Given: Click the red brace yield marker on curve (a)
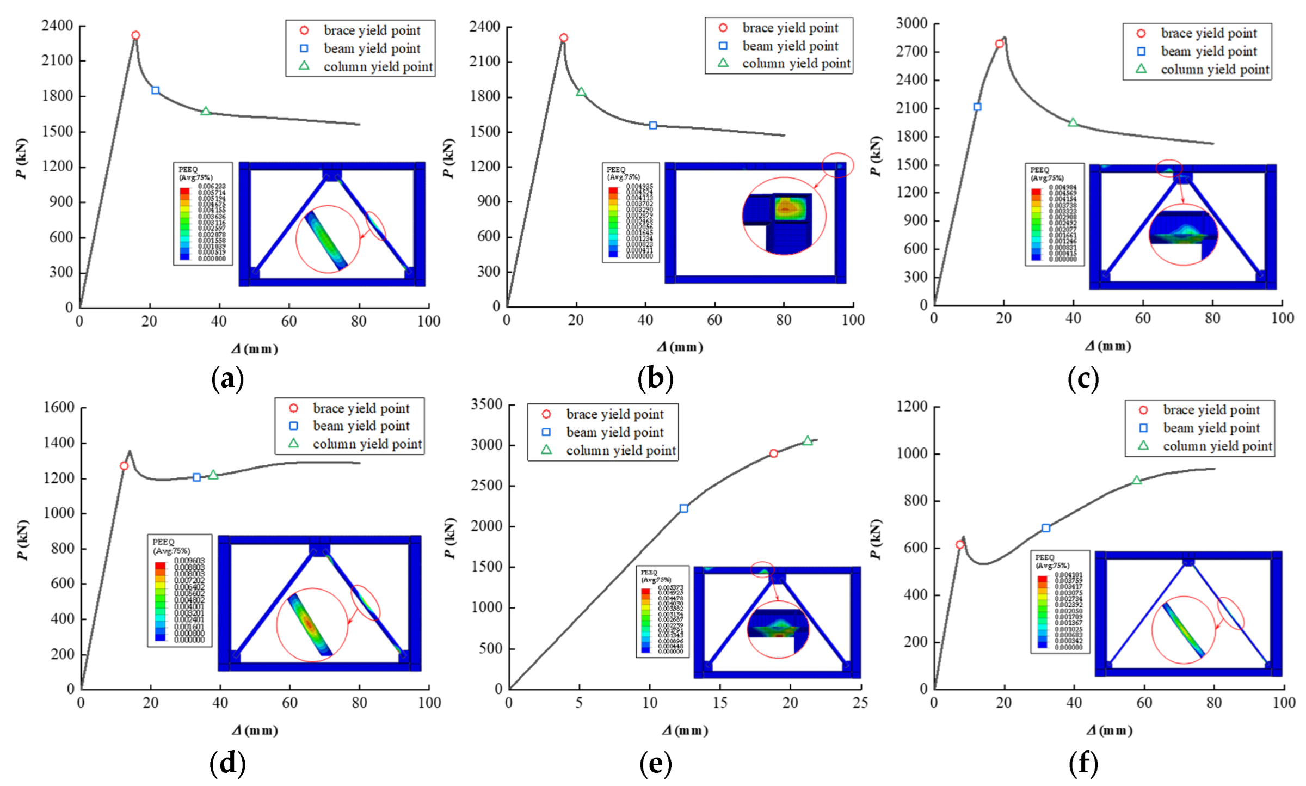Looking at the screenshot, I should (x=135, y=35).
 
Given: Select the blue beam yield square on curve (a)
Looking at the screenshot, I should (x=156, y=90).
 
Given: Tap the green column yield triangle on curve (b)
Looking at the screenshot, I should (x=581, y=92).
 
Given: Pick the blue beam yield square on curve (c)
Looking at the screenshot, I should (x=977, y=107).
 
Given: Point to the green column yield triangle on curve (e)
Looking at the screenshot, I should (x=808, y=441).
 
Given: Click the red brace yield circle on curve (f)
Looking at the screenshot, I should (x=960, y=544).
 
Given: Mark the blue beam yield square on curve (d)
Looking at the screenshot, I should (x=197, y=477).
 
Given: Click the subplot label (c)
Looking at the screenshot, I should (x=1083, y=379).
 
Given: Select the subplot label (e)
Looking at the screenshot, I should (x=655, y=763).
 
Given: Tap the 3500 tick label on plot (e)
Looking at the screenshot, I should (x=486, y=404).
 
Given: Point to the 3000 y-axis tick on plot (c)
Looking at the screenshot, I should (x=912, y=23).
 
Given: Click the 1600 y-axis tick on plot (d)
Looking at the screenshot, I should (x=59, y=407).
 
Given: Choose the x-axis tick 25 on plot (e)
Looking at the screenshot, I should (x=860, y=703).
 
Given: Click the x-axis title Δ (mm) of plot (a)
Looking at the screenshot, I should (x=255, y=349).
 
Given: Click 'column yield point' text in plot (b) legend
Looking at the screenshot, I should (x=796, y=64).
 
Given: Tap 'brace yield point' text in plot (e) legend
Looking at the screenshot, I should (x=615, y=414).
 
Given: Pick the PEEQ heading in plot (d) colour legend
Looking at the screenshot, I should (x=163, y=542).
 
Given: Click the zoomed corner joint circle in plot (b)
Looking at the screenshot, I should (x=784, y=216).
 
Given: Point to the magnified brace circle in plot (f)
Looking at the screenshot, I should (x=1184, y=630).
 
